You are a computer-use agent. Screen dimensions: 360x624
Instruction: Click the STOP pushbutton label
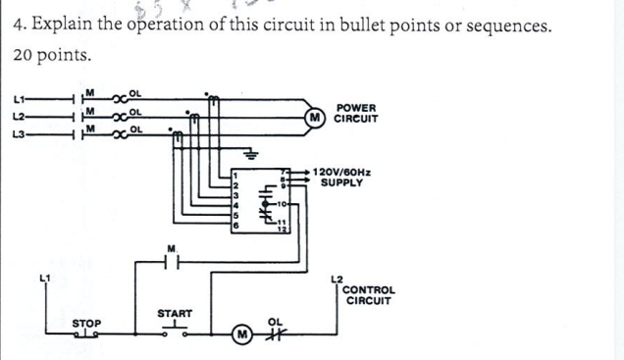86,322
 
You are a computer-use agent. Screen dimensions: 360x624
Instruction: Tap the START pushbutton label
174,314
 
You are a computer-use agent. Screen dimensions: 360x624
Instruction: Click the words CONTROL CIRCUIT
369,295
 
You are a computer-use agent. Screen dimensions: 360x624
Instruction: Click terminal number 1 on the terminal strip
235,176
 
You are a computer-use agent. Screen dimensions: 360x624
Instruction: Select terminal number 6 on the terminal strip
235,226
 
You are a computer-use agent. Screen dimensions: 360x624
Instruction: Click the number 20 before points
24,55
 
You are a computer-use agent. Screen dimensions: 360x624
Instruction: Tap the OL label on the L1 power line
136,93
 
